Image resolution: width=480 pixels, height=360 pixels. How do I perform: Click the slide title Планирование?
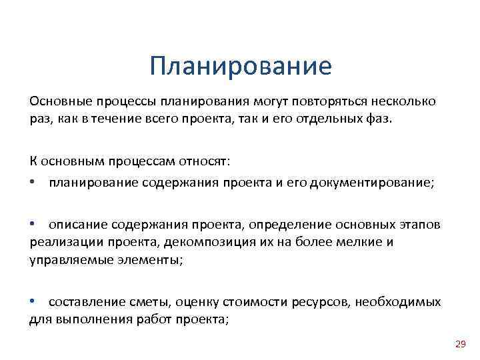pyautogui.click(x=241, y=66)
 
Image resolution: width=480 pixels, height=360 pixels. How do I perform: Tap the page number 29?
pyautogui.click(x=460, y=344)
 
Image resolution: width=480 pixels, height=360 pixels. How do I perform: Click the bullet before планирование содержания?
pyautogui.click(x=33, y=179)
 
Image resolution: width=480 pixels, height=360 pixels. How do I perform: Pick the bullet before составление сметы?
pyautogui.click(x=33, y=302)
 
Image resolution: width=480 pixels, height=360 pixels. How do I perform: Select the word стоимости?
pyautogui.click(x=245, y=302)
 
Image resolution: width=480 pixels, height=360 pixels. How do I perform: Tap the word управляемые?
pyautogui.click(x=62, y=259)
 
